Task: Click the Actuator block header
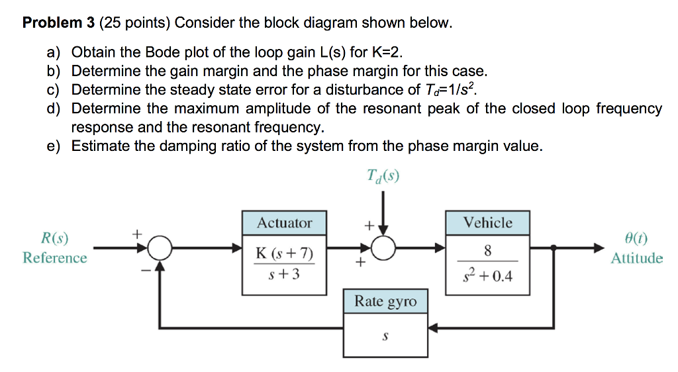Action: pos(284,223)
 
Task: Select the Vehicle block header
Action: pos(487,223)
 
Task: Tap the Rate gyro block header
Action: pos(385,302)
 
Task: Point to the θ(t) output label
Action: pos(636,239)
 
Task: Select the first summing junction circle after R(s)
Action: pos(160,248)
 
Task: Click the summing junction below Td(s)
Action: pos(383,248)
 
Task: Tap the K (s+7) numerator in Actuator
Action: pos(284,254)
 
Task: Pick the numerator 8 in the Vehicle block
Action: pos(487,251)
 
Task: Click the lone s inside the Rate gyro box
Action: pos(385,336)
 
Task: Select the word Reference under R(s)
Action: pos(54,258)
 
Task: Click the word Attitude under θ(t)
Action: pos(636,258)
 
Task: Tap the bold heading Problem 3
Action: pos(59,23)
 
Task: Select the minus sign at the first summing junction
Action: pos(144,269)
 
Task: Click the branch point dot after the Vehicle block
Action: pos(554,248)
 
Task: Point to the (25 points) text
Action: pos(135,23)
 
